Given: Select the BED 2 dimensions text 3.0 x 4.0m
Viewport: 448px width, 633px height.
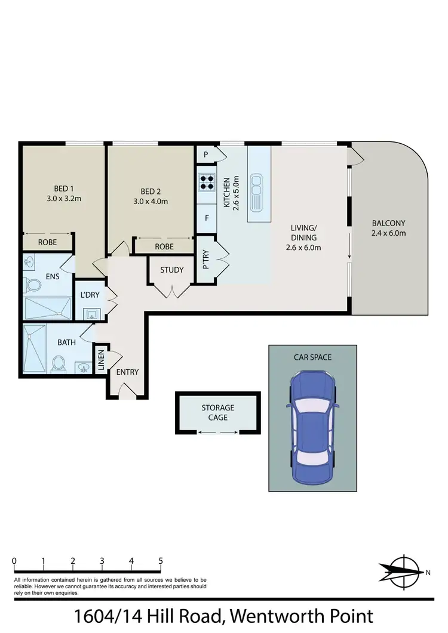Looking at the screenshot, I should tap(151, 201).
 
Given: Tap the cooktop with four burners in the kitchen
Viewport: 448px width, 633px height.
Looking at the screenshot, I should tap(207, 181).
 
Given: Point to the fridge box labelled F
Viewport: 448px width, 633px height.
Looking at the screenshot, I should tap(207, 218).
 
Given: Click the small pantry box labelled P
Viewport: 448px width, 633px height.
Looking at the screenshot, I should tap(205, 155).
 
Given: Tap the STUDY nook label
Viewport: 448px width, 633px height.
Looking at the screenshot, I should tap(172, 270).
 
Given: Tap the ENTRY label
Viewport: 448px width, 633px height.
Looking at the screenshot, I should tap(127, 372).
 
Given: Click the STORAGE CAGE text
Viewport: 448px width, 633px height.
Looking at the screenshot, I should tap(217, 412).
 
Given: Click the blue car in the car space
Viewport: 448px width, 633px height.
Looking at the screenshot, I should tap(312, 428).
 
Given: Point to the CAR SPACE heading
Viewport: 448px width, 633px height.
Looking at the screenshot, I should tap(312, 357).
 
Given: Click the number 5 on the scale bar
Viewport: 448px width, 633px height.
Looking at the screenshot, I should tap(160, 561).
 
